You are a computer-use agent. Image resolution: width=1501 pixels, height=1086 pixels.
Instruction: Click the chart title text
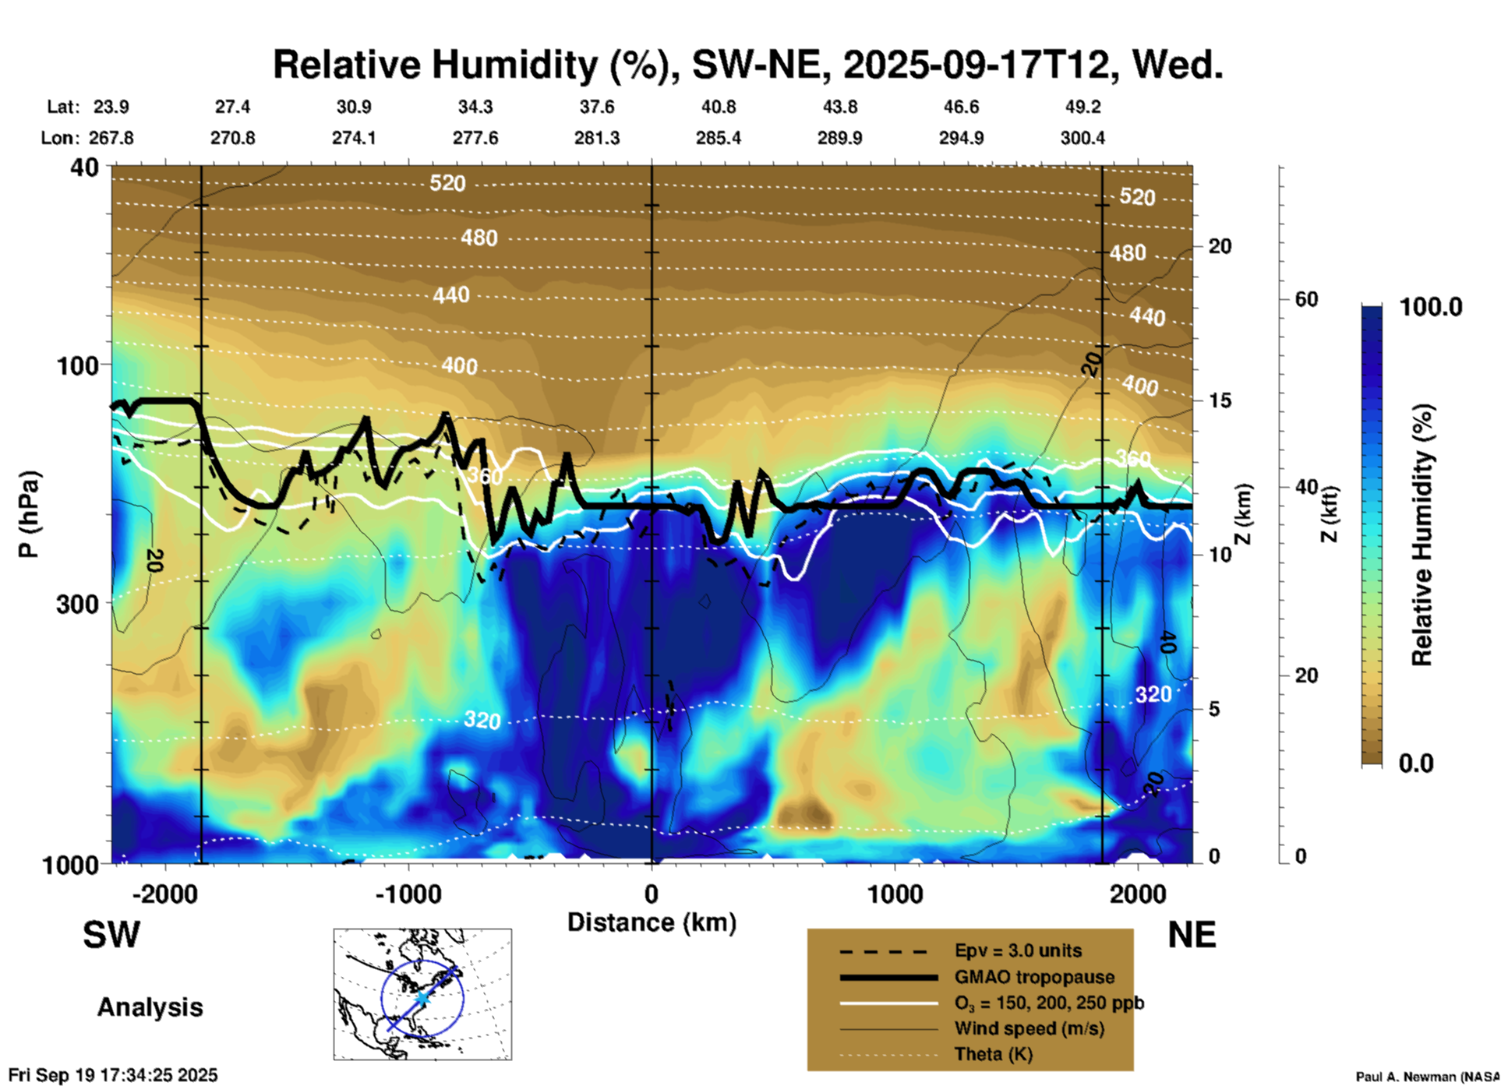tap(747, 65)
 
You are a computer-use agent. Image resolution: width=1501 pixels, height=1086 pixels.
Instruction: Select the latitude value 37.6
tap(597, 107)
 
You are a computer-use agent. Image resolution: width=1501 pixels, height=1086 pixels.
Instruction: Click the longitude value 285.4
tap(718, 138)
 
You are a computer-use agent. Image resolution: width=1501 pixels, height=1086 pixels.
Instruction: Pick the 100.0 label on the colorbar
tap(1431, 308)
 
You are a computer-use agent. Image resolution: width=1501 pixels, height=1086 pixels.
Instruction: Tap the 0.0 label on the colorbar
tap(1416, 763)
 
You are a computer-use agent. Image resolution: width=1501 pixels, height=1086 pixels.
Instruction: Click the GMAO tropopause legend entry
tap(1034, 977)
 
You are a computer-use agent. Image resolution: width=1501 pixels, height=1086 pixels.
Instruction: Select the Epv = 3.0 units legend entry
tap(1018, 950)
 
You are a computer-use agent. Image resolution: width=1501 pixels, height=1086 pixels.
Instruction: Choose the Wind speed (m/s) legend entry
tap(1029, 1028)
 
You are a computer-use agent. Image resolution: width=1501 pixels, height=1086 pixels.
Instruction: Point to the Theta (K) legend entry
tap(993, 1054)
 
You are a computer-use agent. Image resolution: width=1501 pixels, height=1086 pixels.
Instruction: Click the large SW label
tap(111, 935)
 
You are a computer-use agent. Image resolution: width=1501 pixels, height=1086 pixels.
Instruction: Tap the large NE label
tap(1192, 935)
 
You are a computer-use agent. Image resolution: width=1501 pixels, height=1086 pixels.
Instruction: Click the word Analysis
tap(150, 1007)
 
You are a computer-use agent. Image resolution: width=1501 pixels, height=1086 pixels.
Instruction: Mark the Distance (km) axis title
tap(652, 922)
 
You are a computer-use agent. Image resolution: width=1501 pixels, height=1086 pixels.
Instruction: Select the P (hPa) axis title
tap(29, 514)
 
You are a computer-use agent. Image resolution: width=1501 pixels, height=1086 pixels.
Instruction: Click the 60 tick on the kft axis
tap(1306, 299)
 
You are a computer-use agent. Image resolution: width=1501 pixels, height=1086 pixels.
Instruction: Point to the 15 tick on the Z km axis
tap(1220, 400)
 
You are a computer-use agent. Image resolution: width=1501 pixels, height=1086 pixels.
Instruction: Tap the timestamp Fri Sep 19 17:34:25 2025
tap(113, 1076)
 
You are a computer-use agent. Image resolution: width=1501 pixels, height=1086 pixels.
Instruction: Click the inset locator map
tap(422, 994)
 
